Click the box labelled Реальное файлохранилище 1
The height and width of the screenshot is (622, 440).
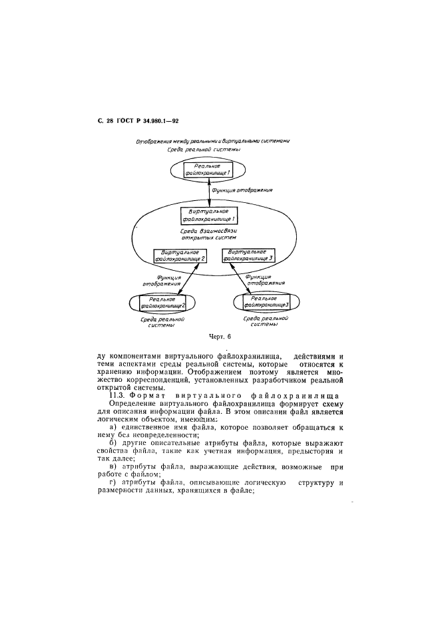pyautogui.click(x=208, y=169)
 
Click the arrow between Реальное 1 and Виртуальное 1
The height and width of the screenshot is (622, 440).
pyautogui.click(x=208, y=193)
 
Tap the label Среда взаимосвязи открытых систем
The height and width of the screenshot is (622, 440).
pyautogui.click(x=209, y=234)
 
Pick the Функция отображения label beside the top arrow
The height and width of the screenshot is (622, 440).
pyautogui.click(x=242, y=190)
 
